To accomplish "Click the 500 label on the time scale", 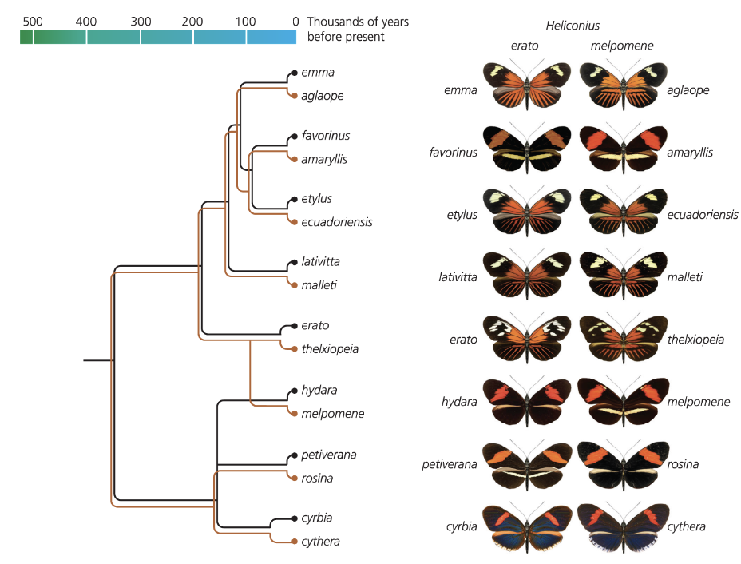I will pos(32,21).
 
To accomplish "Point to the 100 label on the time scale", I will pos(246,21).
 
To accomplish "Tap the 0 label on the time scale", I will pos(295,21).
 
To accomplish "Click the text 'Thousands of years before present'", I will pos(357,29).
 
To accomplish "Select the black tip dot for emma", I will pos(295,73).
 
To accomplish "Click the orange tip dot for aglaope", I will pos(295,96).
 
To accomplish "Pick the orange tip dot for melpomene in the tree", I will pos(295,414).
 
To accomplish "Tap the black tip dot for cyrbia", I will pos(295,518).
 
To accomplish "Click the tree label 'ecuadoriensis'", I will pos(337,222).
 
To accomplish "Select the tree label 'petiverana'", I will pos(328,455).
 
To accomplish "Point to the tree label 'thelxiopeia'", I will pos(330,348).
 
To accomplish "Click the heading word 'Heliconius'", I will pos(572,26).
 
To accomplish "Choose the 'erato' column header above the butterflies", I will pos(525,46).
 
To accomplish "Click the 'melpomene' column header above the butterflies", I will pos(622,46).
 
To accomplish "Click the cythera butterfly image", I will pos(622,526).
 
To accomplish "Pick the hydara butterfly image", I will pos(526,401).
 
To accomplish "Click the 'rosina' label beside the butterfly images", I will pos(683,464).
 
